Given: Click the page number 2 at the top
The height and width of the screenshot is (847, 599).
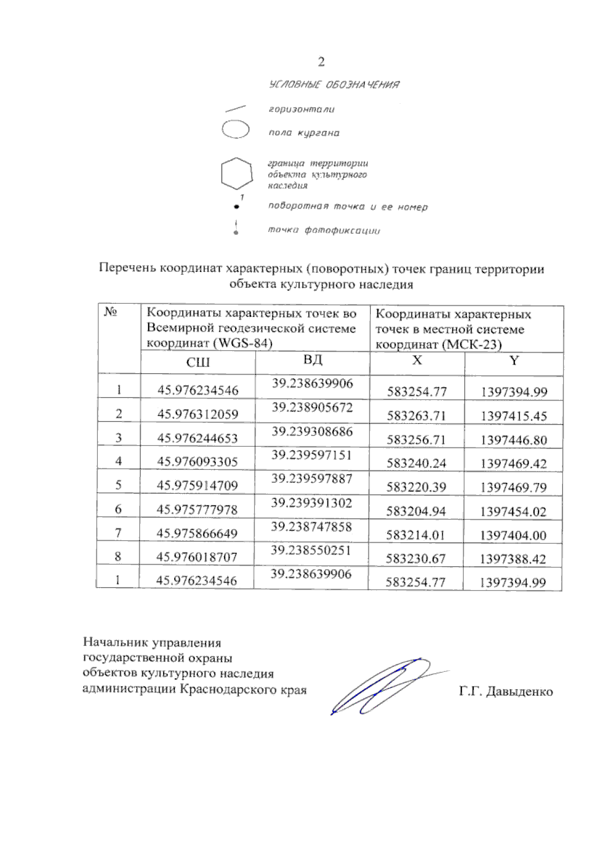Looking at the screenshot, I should click(321, 62).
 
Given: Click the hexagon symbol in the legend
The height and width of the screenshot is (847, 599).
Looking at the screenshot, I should click(236, 174).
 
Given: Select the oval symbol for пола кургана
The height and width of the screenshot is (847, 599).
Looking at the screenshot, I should click(236, 129).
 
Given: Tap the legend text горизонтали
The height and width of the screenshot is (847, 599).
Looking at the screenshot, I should click(301, 109).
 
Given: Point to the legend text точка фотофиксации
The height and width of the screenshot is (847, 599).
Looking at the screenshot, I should click(324, 230).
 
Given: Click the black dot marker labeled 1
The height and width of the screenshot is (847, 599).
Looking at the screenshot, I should click(237, 207).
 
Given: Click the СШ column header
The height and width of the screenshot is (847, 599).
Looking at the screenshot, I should click(198, 362).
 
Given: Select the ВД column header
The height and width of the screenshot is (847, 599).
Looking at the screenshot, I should click(312, 360).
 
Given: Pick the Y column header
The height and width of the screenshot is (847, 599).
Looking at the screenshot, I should click(514, 361).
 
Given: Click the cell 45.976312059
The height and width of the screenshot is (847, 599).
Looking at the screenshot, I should click(198, 414).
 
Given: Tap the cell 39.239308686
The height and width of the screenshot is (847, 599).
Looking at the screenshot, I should click(312, 431).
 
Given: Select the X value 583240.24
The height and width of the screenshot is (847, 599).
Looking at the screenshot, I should click(416, 463).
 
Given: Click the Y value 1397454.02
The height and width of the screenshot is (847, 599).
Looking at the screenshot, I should click(513, 511).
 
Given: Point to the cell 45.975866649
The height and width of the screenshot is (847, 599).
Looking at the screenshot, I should click(197, 533).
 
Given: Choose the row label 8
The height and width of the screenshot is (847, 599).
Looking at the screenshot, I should click(118, 556).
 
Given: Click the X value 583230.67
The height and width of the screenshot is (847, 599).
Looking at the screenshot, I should click(415, 559).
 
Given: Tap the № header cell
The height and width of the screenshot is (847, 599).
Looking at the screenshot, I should click(110, 312).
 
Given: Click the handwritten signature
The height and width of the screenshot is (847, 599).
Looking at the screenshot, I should click(379, 686).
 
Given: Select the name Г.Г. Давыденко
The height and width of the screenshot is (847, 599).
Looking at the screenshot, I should click(506, 692).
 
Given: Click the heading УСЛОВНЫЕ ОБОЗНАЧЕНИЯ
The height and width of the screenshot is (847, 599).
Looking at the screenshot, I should click(334, 85).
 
